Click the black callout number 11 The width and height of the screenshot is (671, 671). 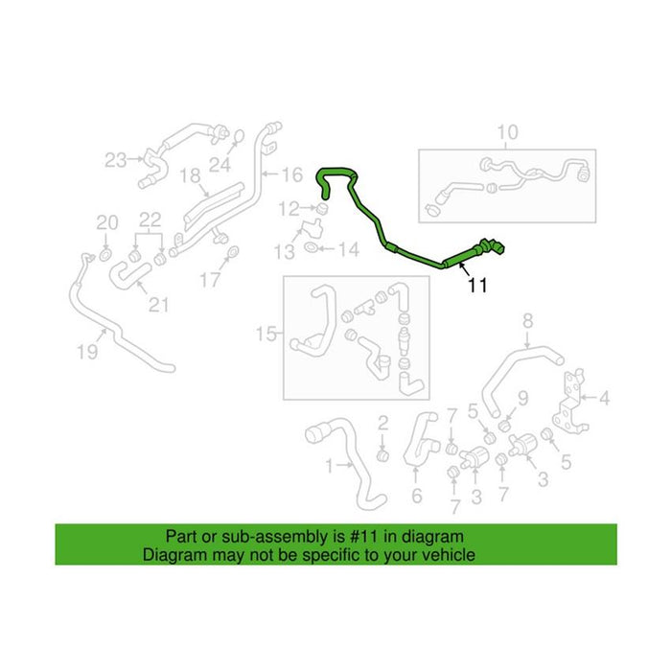point(477,285)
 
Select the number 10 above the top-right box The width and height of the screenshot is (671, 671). point(507,132)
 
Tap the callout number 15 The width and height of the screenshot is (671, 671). point(266,334)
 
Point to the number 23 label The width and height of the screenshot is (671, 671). point(116,160)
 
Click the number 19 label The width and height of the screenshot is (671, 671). point(87,352)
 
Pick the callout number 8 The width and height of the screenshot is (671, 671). point(528,320)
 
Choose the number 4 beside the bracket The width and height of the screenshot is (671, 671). point(604,399)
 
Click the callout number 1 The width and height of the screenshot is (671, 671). point(329,466)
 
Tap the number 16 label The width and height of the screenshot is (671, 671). point(292,174)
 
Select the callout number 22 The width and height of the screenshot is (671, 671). point(150,220)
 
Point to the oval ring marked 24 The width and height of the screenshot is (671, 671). point(239,136)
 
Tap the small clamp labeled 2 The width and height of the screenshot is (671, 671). point(382,455)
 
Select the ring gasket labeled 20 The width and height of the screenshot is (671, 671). point(104,256)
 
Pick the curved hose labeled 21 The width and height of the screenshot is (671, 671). point(128,274)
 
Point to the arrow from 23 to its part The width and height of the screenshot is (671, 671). point(136,159)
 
